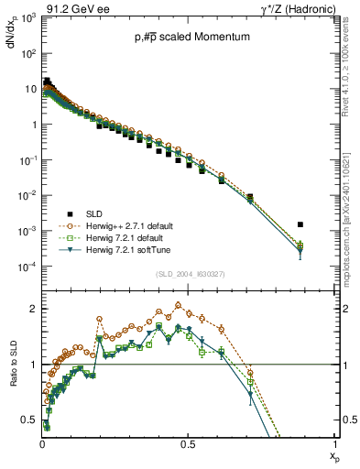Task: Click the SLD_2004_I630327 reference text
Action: pos(188,274)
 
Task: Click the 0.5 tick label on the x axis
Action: pos(188,443)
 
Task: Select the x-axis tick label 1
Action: pos(335,443)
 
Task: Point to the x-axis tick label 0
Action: pos(42,443)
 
